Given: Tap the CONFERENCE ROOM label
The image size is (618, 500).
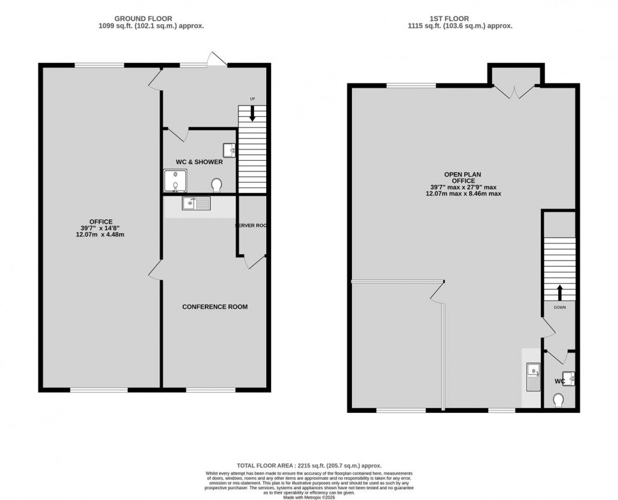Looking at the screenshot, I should (x=214, y=307).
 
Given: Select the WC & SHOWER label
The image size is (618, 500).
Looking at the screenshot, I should (x=199, y=162).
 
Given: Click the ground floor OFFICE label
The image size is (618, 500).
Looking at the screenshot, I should (x=100, y=221).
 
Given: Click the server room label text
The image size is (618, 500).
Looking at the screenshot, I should (x=250, y=226).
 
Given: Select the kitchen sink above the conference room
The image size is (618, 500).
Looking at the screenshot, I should (x=196, y=203).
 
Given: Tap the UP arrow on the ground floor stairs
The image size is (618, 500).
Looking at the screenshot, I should (x=252, y=114).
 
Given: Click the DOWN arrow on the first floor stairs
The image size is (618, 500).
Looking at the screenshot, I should (x=559, y=292).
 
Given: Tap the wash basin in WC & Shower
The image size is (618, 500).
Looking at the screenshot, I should (x=230, y=150).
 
